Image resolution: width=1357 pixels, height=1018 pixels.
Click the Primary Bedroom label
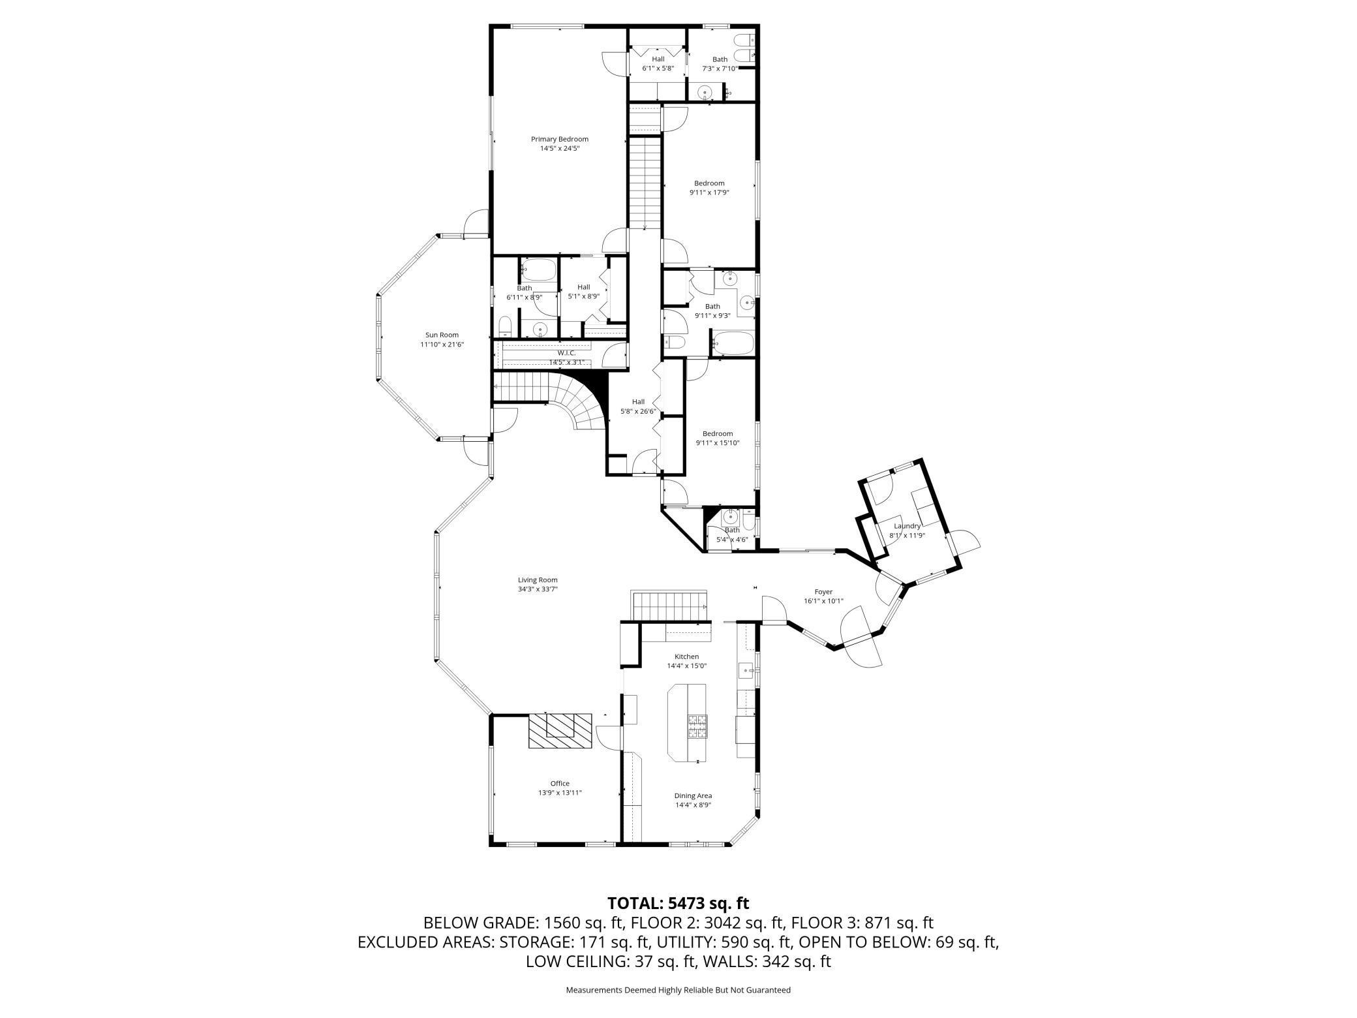coord(559,139)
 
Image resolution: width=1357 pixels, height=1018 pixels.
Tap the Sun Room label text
coord(442,335)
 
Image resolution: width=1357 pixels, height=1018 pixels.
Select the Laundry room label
coord(907,526)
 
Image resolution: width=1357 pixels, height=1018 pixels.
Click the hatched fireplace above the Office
coord(560,731)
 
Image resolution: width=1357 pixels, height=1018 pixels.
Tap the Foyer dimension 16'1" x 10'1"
coord(823,601)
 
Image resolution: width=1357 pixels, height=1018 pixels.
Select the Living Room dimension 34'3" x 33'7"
coord(538,589)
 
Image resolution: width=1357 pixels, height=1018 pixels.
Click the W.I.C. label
coord(566,353)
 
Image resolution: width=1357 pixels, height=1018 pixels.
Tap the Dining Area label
coord(693,795)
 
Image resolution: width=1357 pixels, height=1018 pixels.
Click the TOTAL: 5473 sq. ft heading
coord(678,903)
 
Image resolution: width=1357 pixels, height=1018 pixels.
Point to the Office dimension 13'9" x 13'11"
coord(560,793)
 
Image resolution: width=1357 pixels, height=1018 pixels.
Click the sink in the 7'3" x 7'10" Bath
coord(705,93)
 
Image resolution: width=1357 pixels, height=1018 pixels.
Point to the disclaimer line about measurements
coord(678,990)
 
